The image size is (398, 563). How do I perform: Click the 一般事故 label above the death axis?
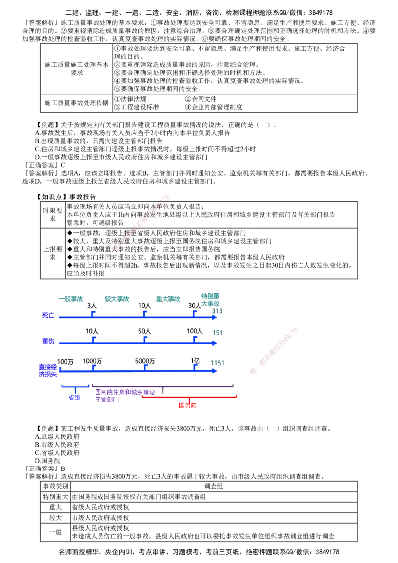(70, 299)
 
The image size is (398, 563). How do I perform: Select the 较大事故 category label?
(117, 299)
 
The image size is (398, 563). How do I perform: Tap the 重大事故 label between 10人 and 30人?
(168, 299)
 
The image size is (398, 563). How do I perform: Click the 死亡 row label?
(48, 315)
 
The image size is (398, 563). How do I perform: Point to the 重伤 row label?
(48, 342)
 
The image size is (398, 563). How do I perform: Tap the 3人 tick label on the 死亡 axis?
(92, 306)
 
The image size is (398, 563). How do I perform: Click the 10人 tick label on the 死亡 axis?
(144, 306)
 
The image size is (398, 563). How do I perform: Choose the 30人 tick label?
(194, 306)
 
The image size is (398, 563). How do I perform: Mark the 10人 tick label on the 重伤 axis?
(92, 331)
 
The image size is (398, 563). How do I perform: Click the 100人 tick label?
(194, 331)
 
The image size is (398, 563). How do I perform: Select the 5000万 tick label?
(145, 362)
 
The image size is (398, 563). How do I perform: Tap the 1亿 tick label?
(196, 362)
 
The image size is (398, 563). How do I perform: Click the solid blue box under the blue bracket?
(75, 397)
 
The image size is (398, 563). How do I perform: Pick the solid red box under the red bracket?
(188, 405)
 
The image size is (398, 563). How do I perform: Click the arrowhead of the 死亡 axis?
(215, 315)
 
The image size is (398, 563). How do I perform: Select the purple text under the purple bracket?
(114, 395)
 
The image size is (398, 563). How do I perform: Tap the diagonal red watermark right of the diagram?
(274, 350)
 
